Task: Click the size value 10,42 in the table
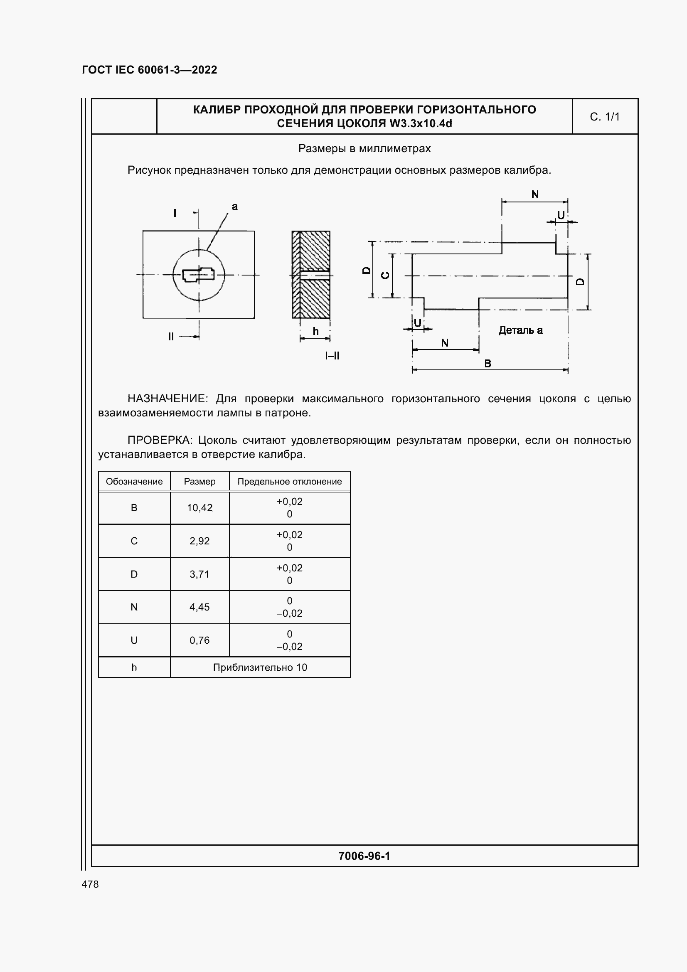[x=199, y=507]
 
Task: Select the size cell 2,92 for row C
[x=199, y=541]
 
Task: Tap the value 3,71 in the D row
[x=199, y=574]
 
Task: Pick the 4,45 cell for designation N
[x=199, y=607]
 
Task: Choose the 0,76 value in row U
[x=199, y=640]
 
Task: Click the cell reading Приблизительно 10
[x=260, y=667]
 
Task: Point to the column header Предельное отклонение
[x=289, y=481]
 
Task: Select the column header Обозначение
[x=134, y=481]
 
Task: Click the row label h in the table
[x=134, y=667]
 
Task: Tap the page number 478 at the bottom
[x=90, y=884]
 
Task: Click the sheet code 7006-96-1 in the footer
[x=364, y=856]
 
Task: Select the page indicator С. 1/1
[x=604, y=117]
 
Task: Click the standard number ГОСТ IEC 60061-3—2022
[x=150, y=70]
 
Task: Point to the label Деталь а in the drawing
[x=520, y=330]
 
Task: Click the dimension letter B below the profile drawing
[x=488, y=363]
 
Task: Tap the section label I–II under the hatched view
[x=332, y=356]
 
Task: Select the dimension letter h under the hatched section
[x=315, y=332]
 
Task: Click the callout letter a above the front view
[x=234, y=207]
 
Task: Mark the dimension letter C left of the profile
[x=386, y=276]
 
